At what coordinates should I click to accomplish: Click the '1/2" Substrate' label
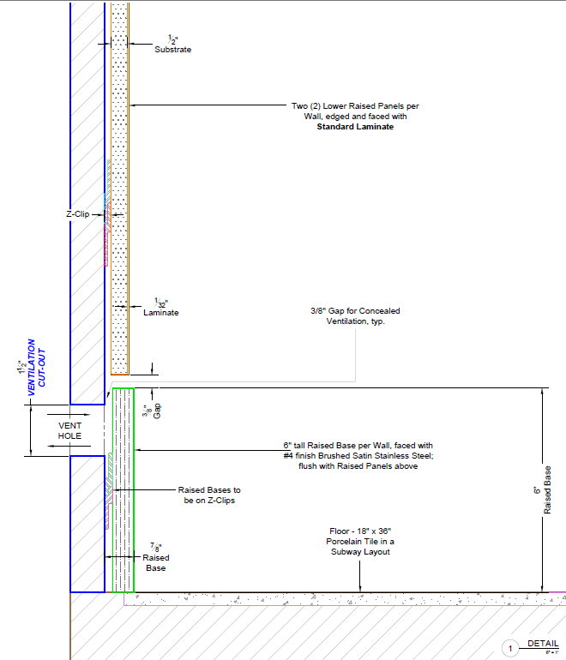(x=172, y=45)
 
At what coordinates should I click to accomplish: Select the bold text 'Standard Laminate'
(x=355, y=127)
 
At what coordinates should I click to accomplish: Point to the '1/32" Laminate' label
(x=160, y=308)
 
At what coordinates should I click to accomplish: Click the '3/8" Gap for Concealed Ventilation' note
(x=355, y=315)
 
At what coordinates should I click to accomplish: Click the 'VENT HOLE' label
(x=69, y=430)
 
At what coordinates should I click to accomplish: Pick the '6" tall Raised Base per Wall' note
(x=358, y=455)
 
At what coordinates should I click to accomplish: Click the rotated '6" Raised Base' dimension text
(x=542, y=490)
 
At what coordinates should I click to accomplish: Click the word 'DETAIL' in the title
(x=543, y=643)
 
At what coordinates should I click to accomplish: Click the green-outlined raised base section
(x=124, y=489)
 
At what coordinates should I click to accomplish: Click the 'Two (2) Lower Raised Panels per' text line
(x=355, y=106)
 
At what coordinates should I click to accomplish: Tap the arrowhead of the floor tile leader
(x=360, y=589)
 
